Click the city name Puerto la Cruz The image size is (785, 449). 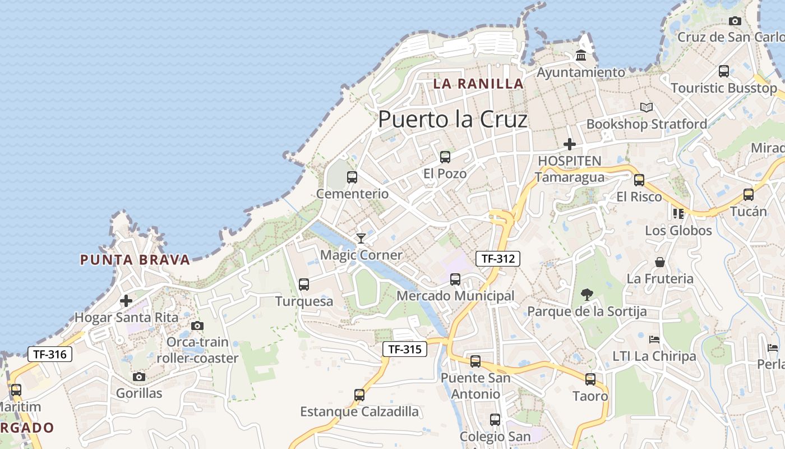[453, 120]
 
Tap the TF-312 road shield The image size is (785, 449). [498, 258]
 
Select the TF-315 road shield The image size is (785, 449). [405, 349]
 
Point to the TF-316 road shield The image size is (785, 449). [50, 354]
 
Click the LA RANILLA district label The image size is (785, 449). [478, 84]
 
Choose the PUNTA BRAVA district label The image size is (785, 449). [135, 260]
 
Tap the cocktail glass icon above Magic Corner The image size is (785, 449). [361, 239]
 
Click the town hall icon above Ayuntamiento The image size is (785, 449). [581, 56]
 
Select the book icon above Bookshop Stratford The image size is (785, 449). [647, 107]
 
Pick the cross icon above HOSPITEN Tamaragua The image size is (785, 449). [570, 144]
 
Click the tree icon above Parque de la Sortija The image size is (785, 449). [587, 294]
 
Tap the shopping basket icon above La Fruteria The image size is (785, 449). [660, 262]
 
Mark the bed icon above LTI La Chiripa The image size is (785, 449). [654, 339]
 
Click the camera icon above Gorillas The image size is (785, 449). [139, 377]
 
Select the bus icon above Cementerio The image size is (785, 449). [352, 177]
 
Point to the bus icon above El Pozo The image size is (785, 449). [445, 157]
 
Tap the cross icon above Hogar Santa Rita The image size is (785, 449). [126, 301]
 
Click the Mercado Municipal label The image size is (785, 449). [455, 296]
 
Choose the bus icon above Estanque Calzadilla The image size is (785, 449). [359, 395]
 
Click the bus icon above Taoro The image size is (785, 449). [590, 379]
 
